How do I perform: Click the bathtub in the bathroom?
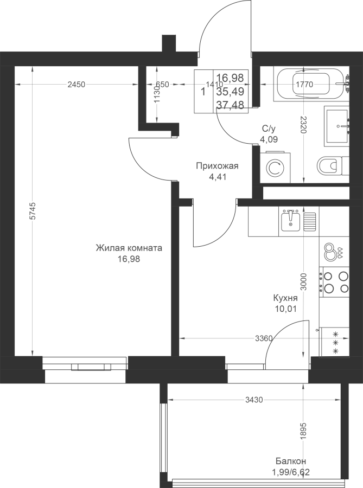pyautogui.click(x=311, y=84)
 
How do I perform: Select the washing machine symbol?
pyautogui.click(x=275, y=168)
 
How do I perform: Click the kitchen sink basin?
pyautogui.click(x=290, y=220)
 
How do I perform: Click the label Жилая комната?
pyautogui.click(x=129, y=248)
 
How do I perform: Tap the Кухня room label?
pyautogui.click(x=285, y=298)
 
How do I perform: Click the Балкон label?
pyautogui.click(x=291, y=461)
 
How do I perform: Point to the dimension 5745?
pyautogui.click(x=33, y=211)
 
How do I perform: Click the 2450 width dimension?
pyautogui.click(x=77, y=85)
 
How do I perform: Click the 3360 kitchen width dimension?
pyautogui.click(x=264, y=338)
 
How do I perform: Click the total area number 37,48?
pyautogui.click(x=230, y=105)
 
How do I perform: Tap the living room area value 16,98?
pyautogui.click(x=129, y=259)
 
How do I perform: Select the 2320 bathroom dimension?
pyautogui.click(x=304, y=125)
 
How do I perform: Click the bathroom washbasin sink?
pyautogui.click(x=337, y=126)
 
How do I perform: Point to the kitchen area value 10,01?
pyautogui.click(x=285, y=309)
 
